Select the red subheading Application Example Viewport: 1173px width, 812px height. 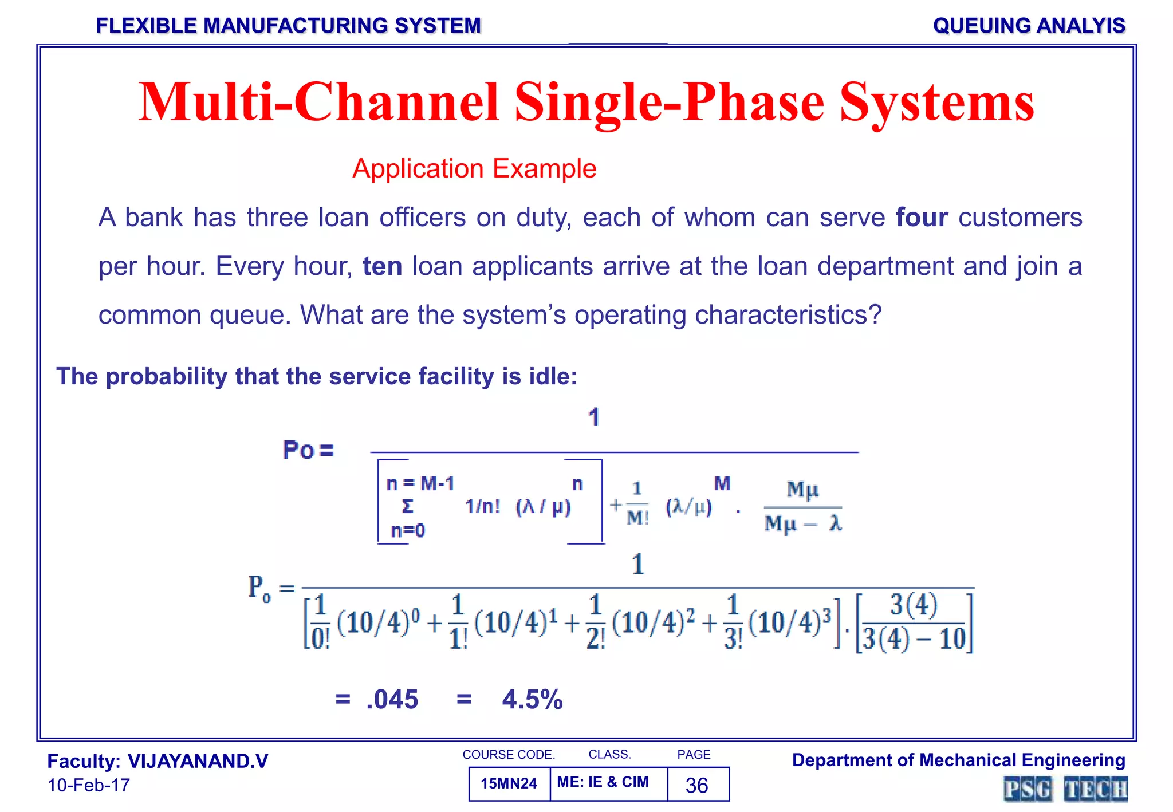(474, 169)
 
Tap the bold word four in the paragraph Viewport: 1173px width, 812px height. (922, 218)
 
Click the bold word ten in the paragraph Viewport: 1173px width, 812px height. (382, 266)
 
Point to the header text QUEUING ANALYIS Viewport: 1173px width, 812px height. (1029, 26)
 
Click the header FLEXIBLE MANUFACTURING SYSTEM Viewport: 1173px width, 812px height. (288, 26)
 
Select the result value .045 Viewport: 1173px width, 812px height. (392, 699)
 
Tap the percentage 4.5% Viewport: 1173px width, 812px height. (532, 699)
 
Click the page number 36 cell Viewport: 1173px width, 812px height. (697, 785)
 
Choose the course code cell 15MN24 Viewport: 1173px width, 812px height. (509, 783)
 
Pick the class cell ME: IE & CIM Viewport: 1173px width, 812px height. (603, 782)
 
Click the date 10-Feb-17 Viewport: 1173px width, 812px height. (89, 785)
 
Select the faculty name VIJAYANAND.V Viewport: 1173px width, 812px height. (198, 761)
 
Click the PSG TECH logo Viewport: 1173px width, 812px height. (1065, 789)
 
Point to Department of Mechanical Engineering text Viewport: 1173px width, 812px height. (958, 760)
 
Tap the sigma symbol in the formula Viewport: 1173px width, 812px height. (407, 506)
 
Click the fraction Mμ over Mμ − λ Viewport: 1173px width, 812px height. (802, 507)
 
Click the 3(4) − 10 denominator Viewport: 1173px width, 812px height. (914, 639)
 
